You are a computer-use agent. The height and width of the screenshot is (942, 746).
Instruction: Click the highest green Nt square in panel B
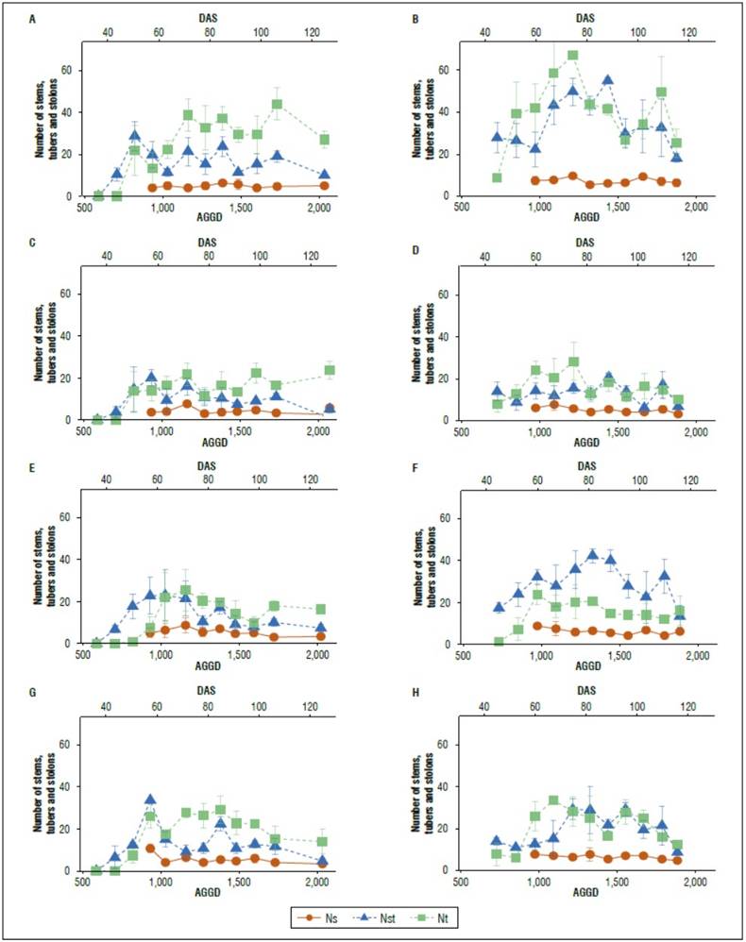pyautogui.click(x=573, y=55)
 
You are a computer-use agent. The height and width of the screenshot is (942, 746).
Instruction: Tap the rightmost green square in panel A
pyautogui.click(x=324, y=140)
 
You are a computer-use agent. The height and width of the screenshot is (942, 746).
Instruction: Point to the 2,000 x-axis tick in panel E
pyautogui.click(x=316, y=653)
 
